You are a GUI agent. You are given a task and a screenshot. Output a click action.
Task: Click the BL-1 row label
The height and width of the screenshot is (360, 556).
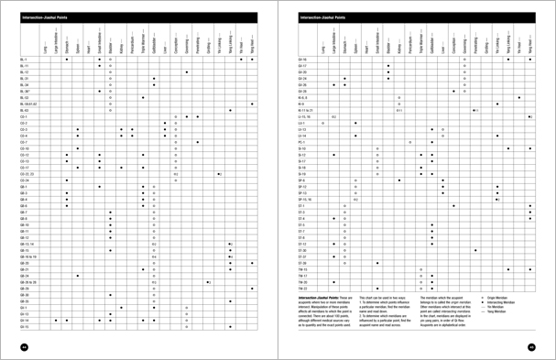[24, 60]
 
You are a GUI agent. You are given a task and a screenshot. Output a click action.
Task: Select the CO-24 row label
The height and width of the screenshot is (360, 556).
[25, 180]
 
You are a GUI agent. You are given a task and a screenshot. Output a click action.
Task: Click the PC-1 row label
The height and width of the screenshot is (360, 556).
[301, 142]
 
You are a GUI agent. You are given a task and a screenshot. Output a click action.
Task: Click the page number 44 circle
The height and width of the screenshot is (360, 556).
[24, 346]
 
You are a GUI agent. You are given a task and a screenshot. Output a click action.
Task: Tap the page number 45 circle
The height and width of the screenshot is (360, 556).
[531, 346]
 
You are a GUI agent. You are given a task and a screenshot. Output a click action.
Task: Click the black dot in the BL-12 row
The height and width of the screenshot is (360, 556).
[187, 72]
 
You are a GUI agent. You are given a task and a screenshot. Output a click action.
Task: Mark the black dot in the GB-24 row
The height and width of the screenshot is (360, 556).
[78, 275]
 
